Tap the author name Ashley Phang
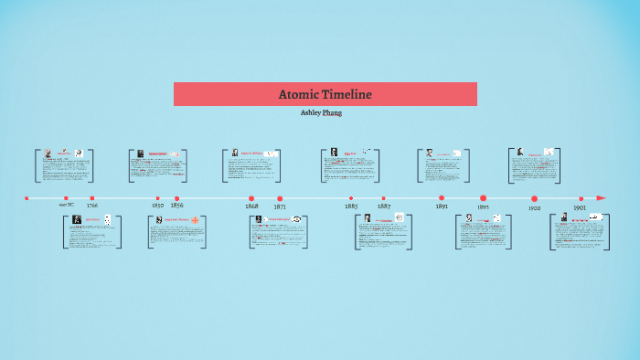tap(321, 112)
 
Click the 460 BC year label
tap(66, 206)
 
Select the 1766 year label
tap(92, 206)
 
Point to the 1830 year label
tap(157, 206)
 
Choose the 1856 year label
tap(176, 206)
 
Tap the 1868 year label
tap(251, 207)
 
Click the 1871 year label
tap(280, 207)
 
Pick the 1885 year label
tap(351, 207)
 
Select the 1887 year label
tap(384, 207)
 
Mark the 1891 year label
tap(442, 207)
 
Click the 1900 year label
tap(535, 208)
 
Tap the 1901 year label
tap(580, 207)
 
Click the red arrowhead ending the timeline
tap(601, 197)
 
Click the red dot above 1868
tap(251, 197)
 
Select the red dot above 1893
tap(483, 197)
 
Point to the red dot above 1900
tap(535, 197)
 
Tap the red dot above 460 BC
tap(66, 197)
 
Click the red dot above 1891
tap(442, 197)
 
